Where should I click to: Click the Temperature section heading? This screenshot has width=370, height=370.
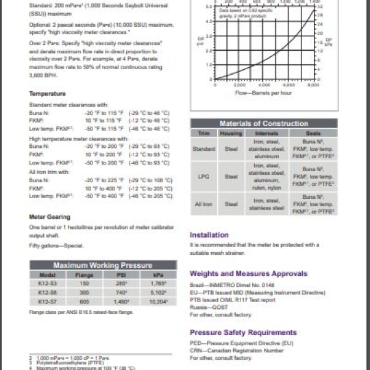[47, 94]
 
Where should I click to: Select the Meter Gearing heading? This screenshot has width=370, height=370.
[50, 217]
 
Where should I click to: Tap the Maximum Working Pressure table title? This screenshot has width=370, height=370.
[103, 265]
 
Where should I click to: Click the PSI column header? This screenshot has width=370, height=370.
[121, 275]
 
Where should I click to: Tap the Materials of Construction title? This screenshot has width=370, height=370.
[264, 124]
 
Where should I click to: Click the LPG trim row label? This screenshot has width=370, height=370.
[203, 176]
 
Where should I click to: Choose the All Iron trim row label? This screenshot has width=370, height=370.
[203, 204]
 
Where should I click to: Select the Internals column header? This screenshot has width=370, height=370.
[266, 133]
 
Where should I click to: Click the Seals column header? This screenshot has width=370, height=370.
[313, 133]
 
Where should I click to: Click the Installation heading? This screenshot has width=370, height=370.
[209, 235]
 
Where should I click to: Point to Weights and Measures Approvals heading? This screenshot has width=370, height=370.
[249, 274]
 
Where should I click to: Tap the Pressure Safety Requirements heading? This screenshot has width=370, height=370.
[243, 332]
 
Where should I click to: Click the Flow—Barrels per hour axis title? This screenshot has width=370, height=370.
[263, 93]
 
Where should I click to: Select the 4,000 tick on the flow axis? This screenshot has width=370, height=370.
[265, 85]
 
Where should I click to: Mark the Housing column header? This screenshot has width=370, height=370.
[231, 133]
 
